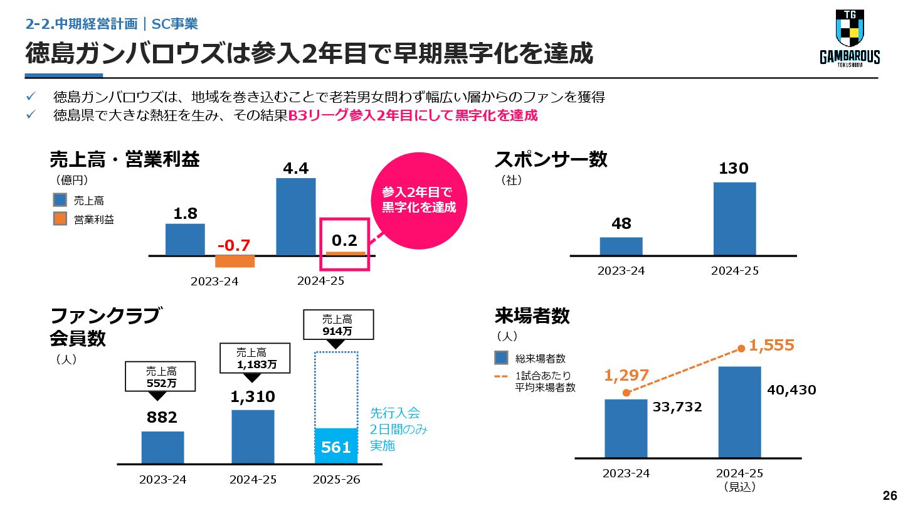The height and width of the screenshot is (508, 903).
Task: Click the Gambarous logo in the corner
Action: (x=850, y=38)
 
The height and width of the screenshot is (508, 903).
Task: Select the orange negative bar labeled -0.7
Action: (x=235, y=262)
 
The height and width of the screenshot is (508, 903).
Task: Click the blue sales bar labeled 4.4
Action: (x=296, y=217)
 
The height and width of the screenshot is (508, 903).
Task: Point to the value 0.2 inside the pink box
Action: (x=344, y=240)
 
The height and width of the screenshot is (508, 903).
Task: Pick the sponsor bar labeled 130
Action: (x=734, y=219)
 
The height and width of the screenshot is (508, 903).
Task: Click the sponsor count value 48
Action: (x=621, y=223)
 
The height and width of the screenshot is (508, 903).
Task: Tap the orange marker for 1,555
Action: (x=741, y=348)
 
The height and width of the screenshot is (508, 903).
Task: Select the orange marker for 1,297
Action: (x=626, y=393)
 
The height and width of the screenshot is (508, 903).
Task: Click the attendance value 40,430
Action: (x=791, y=390)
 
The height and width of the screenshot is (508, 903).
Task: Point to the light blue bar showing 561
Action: (x=336, y=446)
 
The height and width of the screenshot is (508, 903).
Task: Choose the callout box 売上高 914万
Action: (x=337, y=325)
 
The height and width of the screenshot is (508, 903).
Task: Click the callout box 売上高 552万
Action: (x=162, y=376)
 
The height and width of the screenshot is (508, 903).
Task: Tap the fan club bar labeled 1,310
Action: (x=253, y=437)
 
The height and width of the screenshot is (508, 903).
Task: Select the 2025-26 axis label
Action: (x=336, y=480)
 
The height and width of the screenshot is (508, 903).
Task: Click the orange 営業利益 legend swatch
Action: (x=60, y=220)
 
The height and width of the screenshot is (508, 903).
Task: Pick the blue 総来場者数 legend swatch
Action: (x=501, y=358)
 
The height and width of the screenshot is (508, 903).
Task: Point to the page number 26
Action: (x=890, y=495)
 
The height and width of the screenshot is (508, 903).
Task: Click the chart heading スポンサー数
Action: (x=551, y=159)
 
